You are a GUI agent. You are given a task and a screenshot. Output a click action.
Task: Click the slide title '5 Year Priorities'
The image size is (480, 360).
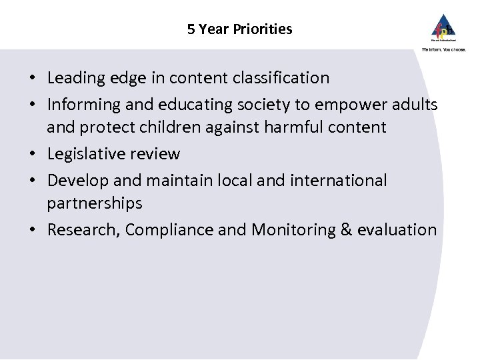point(240,29)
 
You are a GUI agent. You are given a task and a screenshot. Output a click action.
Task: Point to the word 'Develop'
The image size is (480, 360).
point(73,179)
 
